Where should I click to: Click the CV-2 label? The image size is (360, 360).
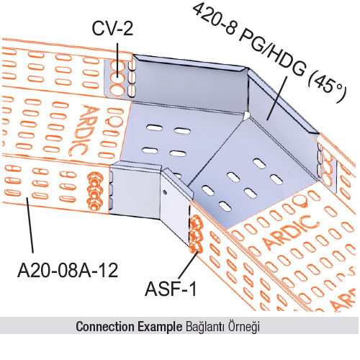[x=112, y=28]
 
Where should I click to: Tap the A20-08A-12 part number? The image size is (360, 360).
[x=68, y=270]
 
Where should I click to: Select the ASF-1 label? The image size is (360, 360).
[x=171, y=289]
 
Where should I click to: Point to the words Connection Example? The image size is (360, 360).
[x=129, y=326]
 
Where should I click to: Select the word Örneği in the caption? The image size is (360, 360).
[x=244, y=327]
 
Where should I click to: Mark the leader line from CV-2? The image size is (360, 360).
[x=117, y=60]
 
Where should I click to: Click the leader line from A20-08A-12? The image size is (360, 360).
[x=30, y=225]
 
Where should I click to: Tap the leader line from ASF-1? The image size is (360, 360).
[x=188, y=265]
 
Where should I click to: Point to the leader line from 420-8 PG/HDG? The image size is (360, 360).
[x=277, y=98]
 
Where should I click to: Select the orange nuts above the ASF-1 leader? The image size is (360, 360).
[x=196, y=234]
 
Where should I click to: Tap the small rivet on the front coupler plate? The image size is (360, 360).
[x=164, y=192]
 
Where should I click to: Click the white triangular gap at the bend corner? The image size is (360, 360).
[x=246, y=116]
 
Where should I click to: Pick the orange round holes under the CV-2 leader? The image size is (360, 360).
[x=117, y=78]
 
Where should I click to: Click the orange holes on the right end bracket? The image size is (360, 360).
[x=327, y=166]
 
